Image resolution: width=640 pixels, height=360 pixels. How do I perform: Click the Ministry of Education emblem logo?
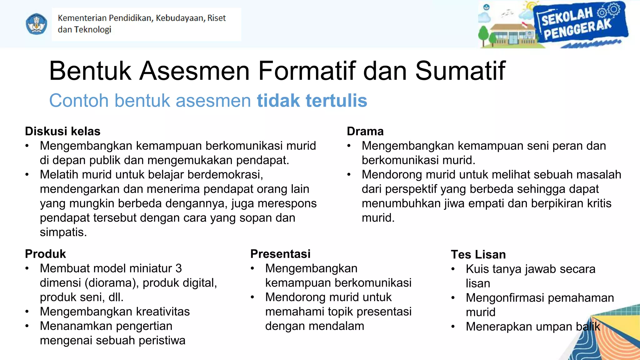pos(37,24)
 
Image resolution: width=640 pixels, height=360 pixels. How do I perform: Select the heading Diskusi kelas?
pos(62,132)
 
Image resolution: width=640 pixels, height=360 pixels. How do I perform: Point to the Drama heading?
pos(365,132)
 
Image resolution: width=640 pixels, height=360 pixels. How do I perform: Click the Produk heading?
pos(45,254)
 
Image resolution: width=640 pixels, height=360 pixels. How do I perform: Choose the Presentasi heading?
pos(280,254)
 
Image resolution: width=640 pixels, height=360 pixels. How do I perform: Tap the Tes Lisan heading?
pos(478,255)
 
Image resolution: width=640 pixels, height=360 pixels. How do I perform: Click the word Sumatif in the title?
pos(460,71)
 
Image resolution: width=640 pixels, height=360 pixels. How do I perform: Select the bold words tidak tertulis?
pos(312,101)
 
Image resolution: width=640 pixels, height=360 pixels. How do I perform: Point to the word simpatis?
pos(63,232)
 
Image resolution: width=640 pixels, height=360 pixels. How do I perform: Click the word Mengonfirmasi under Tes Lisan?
pos(505,298)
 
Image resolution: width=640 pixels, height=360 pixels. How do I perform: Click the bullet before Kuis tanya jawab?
pos(453,269)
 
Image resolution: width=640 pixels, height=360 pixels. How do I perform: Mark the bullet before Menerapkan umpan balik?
pos(453,327)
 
